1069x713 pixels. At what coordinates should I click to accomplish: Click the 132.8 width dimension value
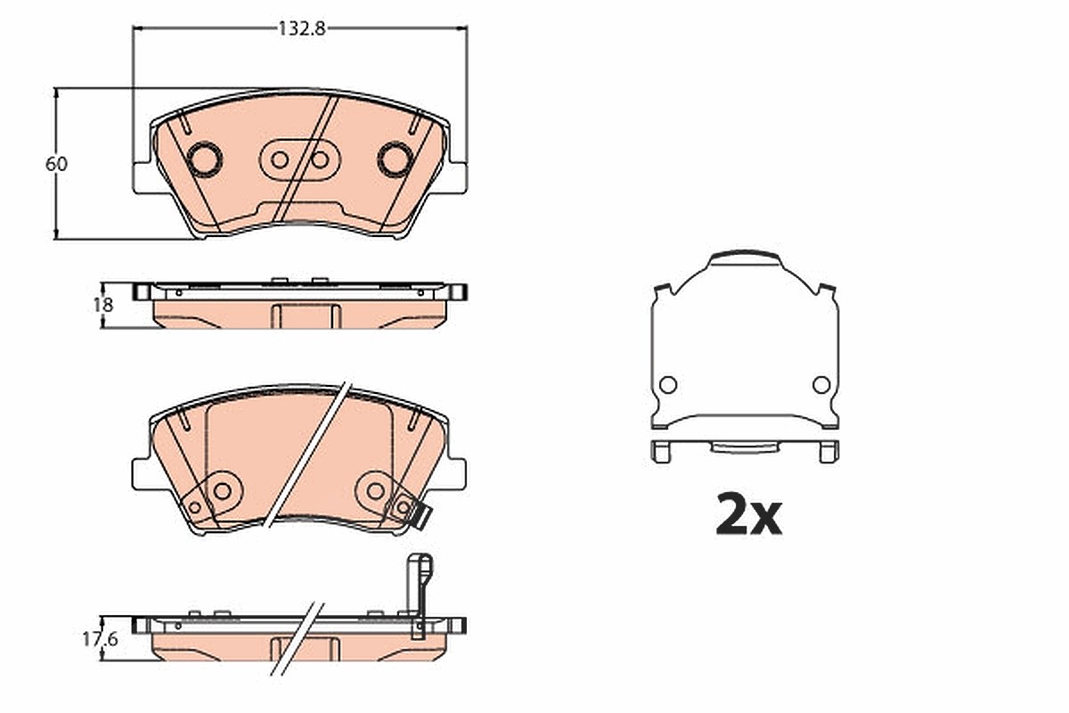click(x=302, y=29)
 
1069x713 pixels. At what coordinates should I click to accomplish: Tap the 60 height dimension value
click(x=56, y=164)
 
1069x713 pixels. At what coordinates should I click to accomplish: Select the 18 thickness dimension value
click(x=103, y=305)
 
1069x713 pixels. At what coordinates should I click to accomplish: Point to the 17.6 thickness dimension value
click(x=100, y=639)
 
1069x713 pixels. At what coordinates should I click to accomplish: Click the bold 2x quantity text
click(x=749, y=515)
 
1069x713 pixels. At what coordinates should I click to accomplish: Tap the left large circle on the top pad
click(x=205, y=159)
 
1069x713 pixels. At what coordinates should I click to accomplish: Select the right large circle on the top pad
click(x=396, y=159)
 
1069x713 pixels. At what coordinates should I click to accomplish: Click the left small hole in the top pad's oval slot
click(x=280, y=160)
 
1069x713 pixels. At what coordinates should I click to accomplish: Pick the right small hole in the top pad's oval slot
click(x=320, y=160)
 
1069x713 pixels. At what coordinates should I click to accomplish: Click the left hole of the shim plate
click(x=668, y=384)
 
